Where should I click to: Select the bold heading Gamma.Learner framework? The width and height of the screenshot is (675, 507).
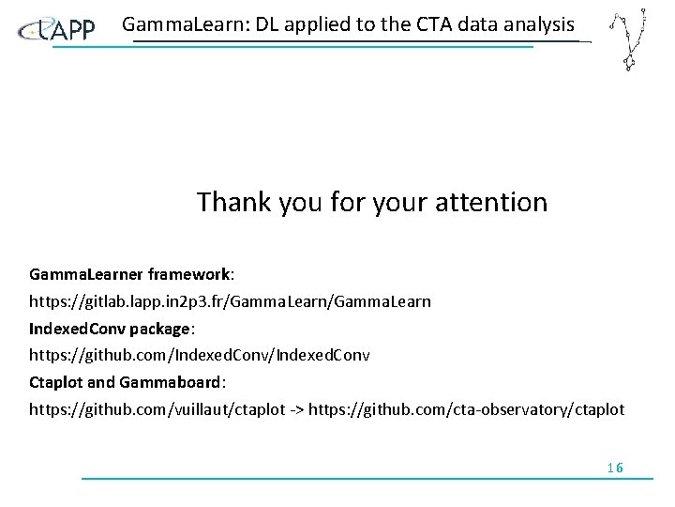tap(130, 275)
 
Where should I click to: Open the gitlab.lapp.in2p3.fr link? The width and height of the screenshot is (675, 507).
tap(230, 302)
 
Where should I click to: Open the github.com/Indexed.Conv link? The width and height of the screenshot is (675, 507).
tap(199, 356)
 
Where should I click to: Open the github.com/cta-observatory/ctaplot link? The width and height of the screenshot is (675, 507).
tap(466, 410)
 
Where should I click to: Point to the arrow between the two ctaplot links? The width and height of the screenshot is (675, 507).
tap(295, 410)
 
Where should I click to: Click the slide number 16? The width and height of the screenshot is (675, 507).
tap(615, 468)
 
